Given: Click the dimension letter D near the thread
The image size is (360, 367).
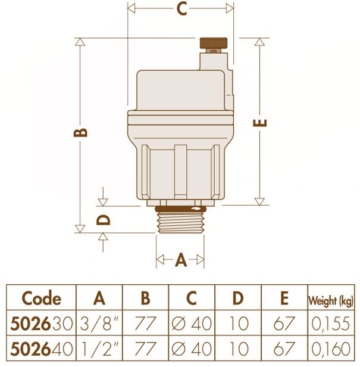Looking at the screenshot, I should pyautogui.click(x=104, y=219).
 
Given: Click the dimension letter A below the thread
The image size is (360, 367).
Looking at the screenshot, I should pyautogui.click(x=181, y=260).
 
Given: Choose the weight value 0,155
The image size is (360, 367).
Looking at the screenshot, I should pyautogui.click(x=332, y=324).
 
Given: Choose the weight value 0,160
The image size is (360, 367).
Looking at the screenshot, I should pyautogui.click(x=332, y=347).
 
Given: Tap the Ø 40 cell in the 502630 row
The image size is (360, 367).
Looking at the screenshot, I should pyautogui.click(x=192, y=324).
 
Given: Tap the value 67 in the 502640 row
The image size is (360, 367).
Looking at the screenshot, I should pyautogui.click(x=284, y=347).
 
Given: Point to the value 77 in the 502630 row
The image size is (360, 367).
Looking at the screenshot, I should pyautogui.click(x=145, y=324).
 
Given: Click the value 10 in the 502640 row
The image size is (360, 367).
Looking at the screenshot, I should pyautogui.click(x=238, y=347).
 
